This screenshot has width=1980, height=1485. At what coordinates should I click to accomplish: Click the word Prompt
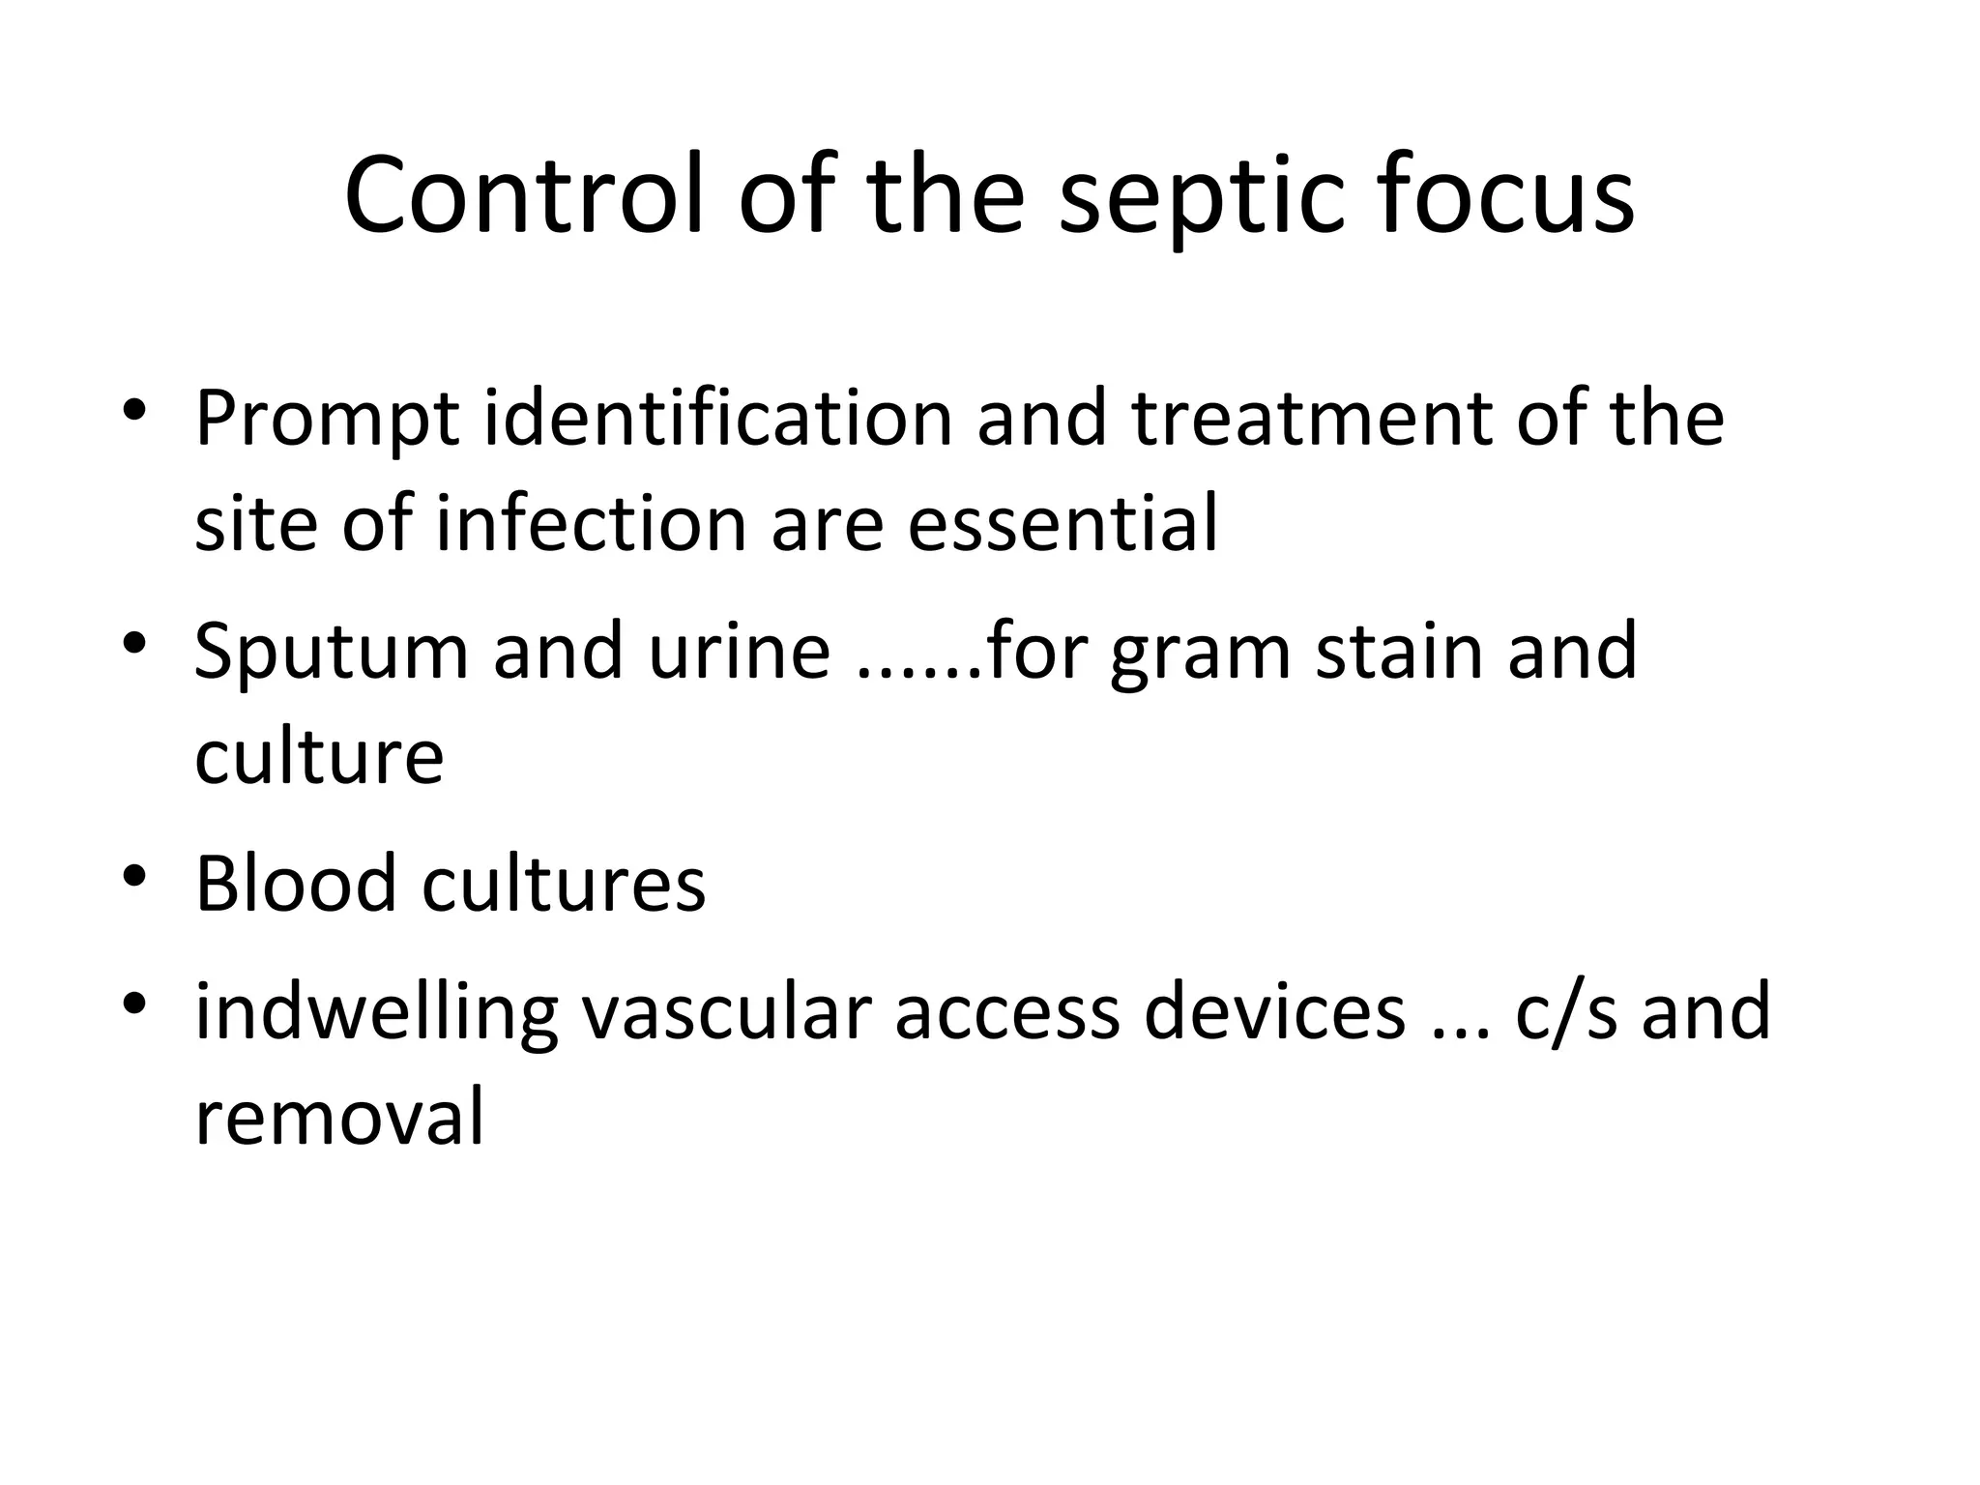tap(327, 420)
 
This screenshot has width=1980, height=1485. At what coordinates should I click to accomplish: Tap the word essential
tap(1063, 523)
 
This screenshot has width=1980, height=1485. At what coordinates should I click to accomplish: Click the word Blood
tap(296, 883)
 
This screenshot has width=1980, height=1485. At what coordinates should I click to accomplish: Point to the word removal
tap(339, 1117)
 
